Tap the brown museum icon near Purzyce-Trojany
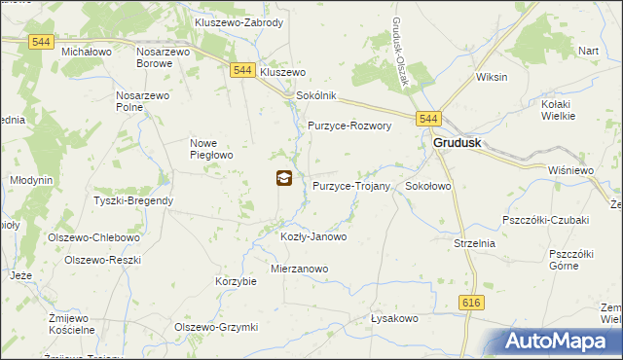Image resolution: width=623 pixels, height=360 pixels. tap(283, 177)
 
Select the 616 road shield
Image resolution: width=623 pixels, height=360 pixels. tap(473, 304)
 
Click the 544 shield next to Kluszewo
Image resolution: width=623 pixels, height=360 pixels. tap(242, 70)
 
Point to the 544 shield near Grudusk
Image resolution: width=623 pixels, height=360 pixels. tap(429, 119)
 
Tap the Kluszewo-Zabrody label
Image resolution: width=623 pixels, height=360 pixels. tap(238, 21)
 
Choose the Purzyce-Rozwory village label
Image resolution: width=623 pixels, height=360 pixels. tap(349, 126)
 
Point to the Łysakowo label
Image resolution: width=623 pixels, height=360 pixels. tap(394, 318)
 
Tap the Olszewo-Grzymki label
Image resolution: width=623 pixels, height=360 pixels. tap(215, 327)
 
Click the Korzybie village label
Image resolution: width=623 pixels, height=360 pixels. tap(235, 281)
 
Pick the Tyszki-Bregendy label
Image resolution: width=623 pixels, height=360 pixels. tap(133, 200)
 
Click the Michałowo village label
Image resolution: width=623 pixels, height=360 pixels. tap(87, 50)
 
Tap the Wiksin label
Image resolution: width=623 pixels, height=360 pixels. tap(493, 76)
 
